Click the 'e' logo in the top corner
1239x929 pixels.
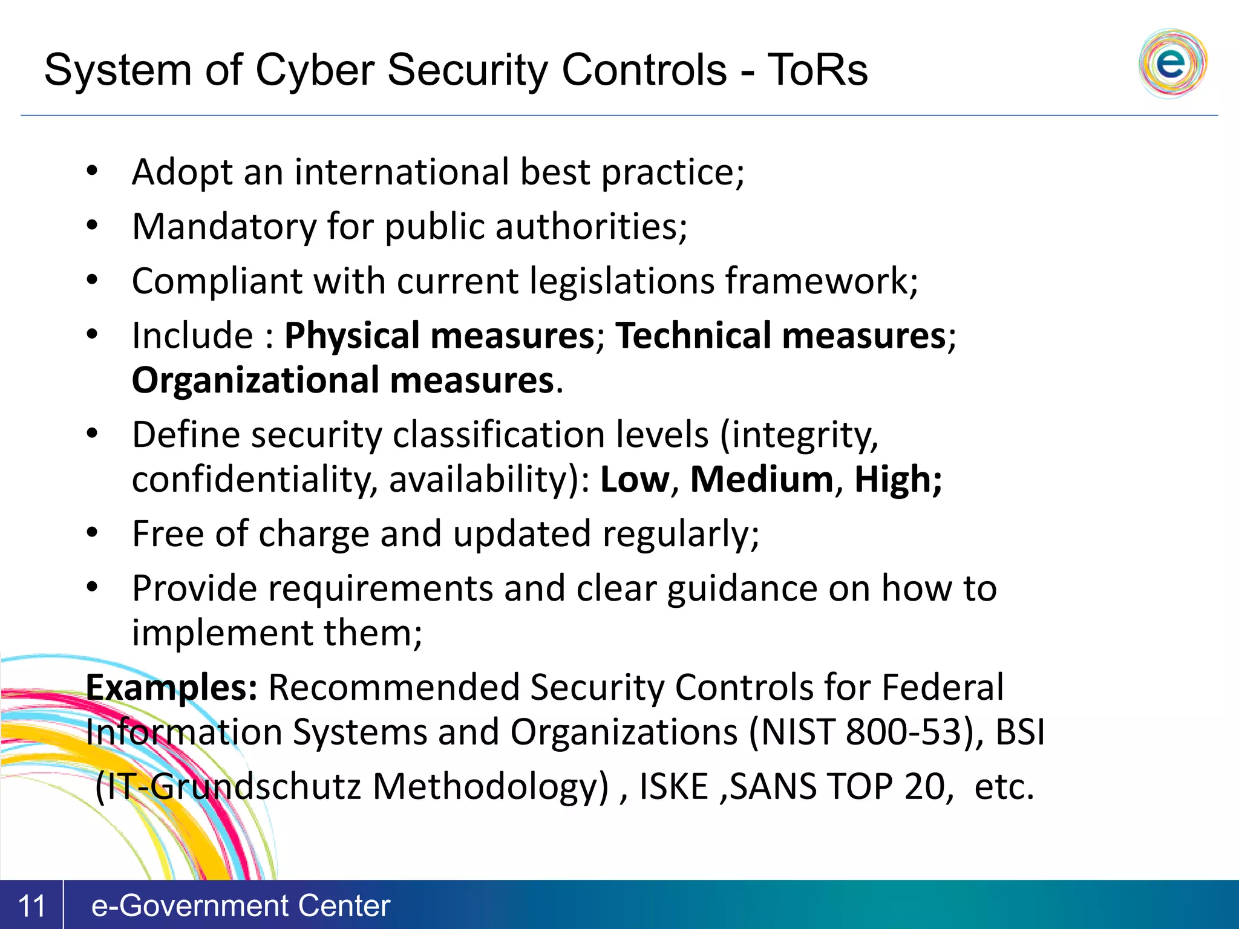(1172, 64)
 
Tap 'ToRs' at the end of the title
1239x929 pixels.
(817, 70)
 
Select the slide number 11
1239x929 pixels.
(31, 906)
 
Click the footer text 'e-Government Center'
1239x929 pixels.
(240, 906)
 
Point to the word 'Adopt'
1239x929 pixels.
(182, 172)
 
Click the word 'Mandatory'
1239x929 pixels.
(224, 227)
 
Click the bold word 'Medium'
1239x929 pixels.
(762, 480)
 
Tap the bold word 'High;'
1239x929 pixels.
(898, 480)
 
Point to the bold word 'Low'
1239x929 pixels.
(635, 480)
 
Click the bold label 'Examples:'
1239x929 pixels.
(172, 688)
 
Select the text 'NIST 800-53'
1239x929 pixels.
(860, 732)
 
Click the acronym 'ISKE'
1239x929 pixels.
(673, 787)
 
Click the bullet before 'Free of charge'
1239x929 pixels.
(92, 533)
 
